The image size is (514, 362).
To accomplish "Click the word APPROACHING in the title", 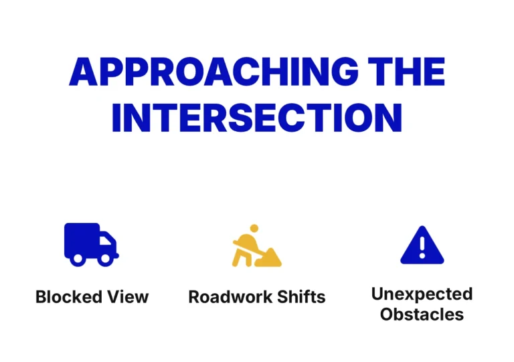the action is click(x=213, y=72).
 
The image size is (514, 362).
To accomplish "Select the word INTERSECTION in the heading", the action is click(x=257, y=118).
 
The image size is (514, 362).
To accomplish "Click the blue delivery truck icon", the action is click(x=92, y=244).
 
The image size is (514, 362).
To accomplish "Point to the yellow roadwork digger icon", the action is click(x=257, y=246).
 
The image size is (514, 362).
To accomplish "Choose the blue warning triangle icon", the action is click(x=422, y=245).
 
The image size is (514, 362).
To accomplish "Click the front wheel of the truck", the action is click(x=105, y=258).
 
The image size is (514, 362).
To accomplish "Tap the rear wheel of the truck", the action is click(x=78, y=258).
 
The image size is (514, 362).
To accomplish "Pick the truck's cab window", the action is click(x=105, y=240).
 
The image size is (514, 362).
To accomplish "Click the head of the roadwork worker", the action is click(x=254, y=228).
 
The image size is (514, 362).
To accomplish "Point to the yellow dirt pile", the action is click(x=269, y=258).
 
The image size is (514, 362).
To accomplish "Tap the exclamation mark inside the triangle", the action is click(x=422, y=248).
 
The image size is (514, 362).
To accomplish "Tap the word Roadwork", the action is click(x=230, y=297).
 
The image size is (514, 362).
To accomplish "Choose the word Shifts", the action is click(x=301, y=297).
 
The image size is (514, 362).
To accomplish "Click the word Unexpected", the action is click(x=422, y=294).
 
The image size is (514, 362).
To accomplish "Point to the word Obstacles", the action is click(x=422, y=314).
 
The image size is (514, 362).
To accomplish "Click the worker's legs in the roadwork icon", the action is click(x=242, y=258).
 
